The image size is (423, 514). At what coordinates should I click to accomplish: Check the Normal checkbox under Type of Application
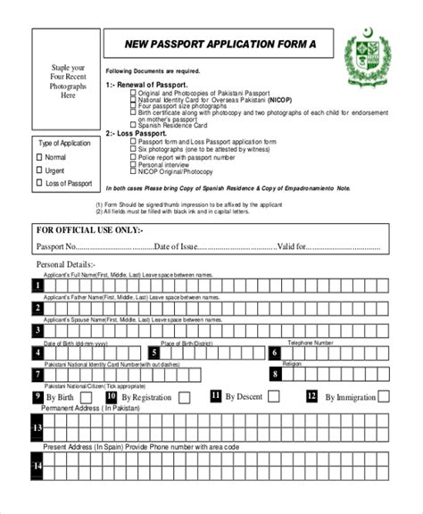coord(39,157)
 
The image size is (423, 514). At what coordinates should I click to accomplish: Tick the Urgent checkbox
coord(39,170)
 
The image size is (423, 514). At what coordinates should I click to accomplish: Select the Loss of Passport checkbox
coord(39,184)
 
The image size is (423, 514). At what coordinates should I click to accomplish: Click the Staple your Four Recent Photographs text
coord(68,81)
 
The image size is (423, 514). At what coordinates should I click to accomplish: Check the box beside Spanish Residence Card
coord(134,126)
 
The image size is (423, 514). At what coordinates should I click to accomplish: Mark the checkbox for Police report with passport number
coord(134,157)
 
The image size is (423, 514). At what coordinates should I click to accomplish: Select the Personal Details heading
coord(65,265)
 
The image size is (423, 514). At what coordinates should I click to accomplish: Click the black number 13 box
coord(38,428)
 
